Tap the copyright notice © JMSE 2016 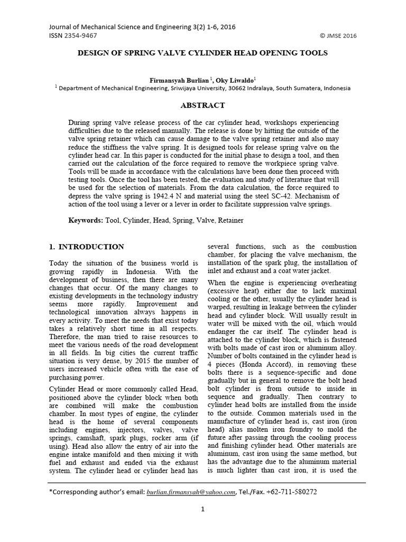[338, 36]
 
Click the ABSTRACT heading [202, 105]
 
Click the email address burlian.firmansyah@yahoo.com [191, 492]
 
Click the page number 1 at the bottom [202, 510]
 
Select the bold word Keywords [86, 220]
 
